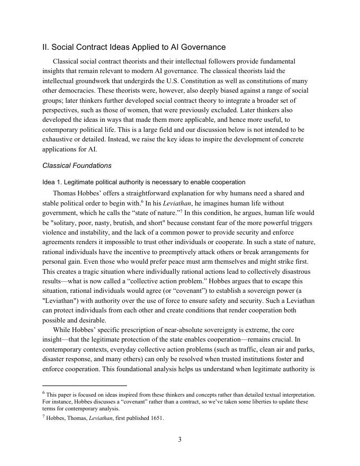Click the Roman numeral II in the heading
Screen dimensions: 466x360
[45, 47]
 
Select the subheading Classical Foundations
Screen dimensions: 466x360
[77, 165]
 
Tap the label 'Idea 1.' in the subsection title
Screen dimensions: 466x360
[52, 182]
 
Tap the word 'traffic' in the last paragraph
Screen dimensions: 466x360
[247, 348]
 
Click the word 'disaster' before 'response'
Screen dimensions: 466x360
[55, 358]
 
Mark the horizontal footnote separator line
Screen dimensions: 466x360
[84, 386]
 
